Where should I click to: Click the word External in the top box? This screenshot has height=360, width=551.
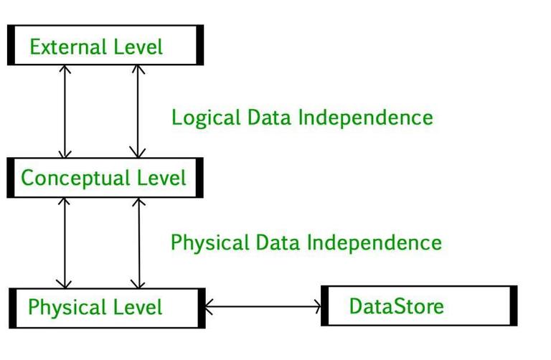click(61, 47)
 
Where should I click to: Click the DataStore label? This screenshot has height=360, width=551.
click(396, 306)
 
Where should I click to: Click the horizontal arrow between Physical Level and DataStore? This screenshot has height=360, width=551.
click(263, 307)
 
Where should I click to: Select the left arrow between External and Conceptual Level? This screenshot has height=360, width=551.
click(66, 111)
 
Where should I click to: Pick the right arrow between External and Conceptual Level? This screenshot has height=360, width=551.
click(137, 111)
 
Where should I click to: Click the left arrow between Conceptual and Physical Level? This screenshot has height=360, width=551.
click(66, 242)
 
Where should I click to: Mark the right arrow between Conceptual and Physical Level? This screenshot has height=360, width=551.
click(138, 242)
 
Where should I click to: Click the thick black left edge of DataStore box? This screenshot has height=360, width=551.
click(324, 305)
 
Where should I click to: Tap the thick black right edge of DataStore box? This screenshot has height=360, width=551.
click(513, 305)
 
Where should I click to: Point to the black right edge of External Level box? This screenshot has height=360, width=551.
click(199, 45)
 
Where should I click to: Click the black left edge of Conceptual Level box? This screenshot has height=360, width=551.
click(11, 178)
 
